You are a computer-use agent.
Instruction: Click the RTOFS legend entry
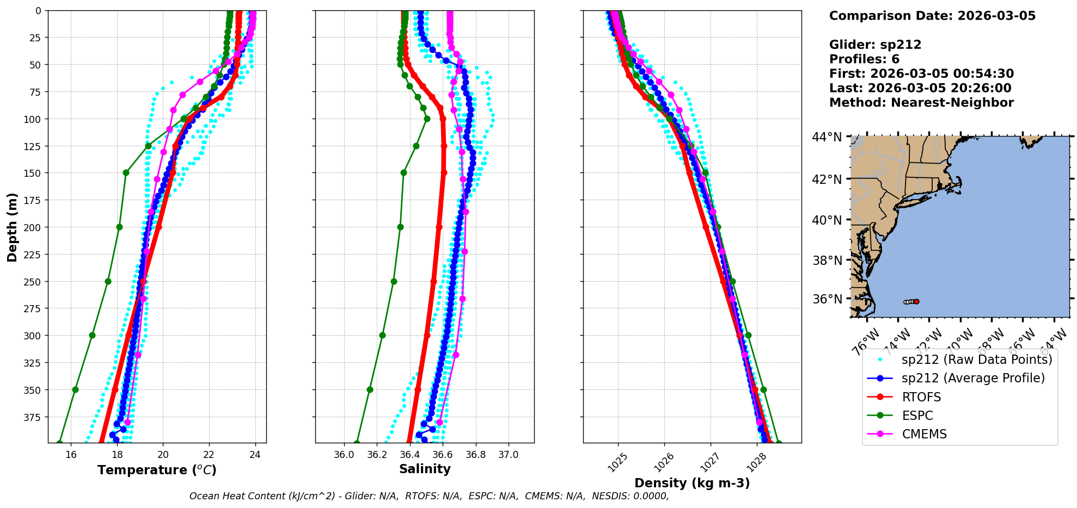pos(921,397)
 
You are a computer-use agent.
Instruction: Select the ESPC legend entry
pos(917,416)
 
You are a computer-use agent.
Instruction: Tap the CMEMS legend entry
pos(924,434)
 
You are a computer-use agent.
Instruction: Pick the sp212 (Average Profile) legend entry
pos(973,378)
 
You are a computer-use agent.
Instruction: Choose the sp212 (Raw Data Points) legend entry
pos(977,360)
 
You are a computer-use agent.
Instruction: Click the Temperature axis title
pos(157,470)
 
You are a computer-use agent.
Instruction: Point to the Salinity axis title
pos(425,469)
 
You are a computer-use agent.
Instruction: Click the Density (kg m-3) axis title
pos(692,483)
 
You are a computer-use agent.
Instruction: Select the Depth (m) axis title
pos(12,227)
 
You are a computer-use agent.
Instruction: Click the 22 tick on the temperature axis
pos(209,455)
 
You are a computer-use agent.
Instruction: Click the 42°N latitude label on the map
pos(828,179)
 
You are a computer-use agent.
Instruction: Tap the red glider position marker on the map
pos(916,301)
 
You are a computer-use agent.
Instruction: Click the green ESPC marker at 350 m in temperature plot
pos(75,389)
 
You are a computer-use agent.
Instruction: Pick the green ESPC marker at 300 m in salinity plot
pos(382,335)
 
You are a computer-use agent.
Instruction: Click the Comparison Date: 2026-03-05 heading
pos(932,16)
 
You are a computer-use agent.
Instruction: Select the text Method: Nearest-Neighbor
pos(921,103)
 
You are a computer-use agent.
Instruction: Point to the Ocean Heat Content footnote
pos(429,496)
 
